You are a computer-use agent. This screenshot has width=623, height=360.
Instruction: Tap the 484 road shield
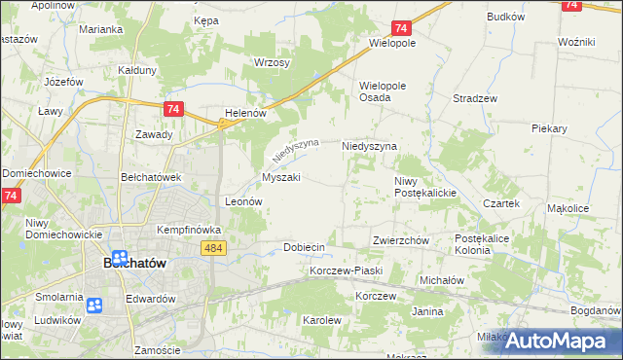tap(215, 249)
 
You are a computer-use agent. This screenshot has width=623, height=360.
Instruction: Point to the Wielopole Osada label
tap(383, 91)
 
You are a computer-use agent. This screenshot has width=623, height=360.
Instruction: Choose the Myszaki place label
tap(280, 177)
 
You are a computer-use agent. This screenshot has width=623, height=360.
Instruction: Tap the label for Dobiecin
tap(304, 247)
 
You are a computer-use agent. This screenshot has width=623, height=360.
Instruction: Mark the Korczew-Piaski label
tap(347, 270)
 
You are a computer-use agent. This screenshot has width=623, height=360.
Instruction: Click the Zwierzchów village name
tap(401, 240)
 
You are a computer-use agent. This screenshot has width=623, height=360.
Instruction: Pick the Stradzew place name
tap(476, 98)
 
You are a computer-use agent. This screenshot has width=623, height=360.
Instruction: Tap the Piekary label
tap(549, 127)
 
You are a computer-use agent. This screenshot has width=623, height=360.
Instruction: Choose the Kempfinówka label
tap(190, 230)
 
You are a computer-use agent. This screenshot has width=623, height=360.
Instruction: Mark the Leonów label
tap(244, 201)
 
